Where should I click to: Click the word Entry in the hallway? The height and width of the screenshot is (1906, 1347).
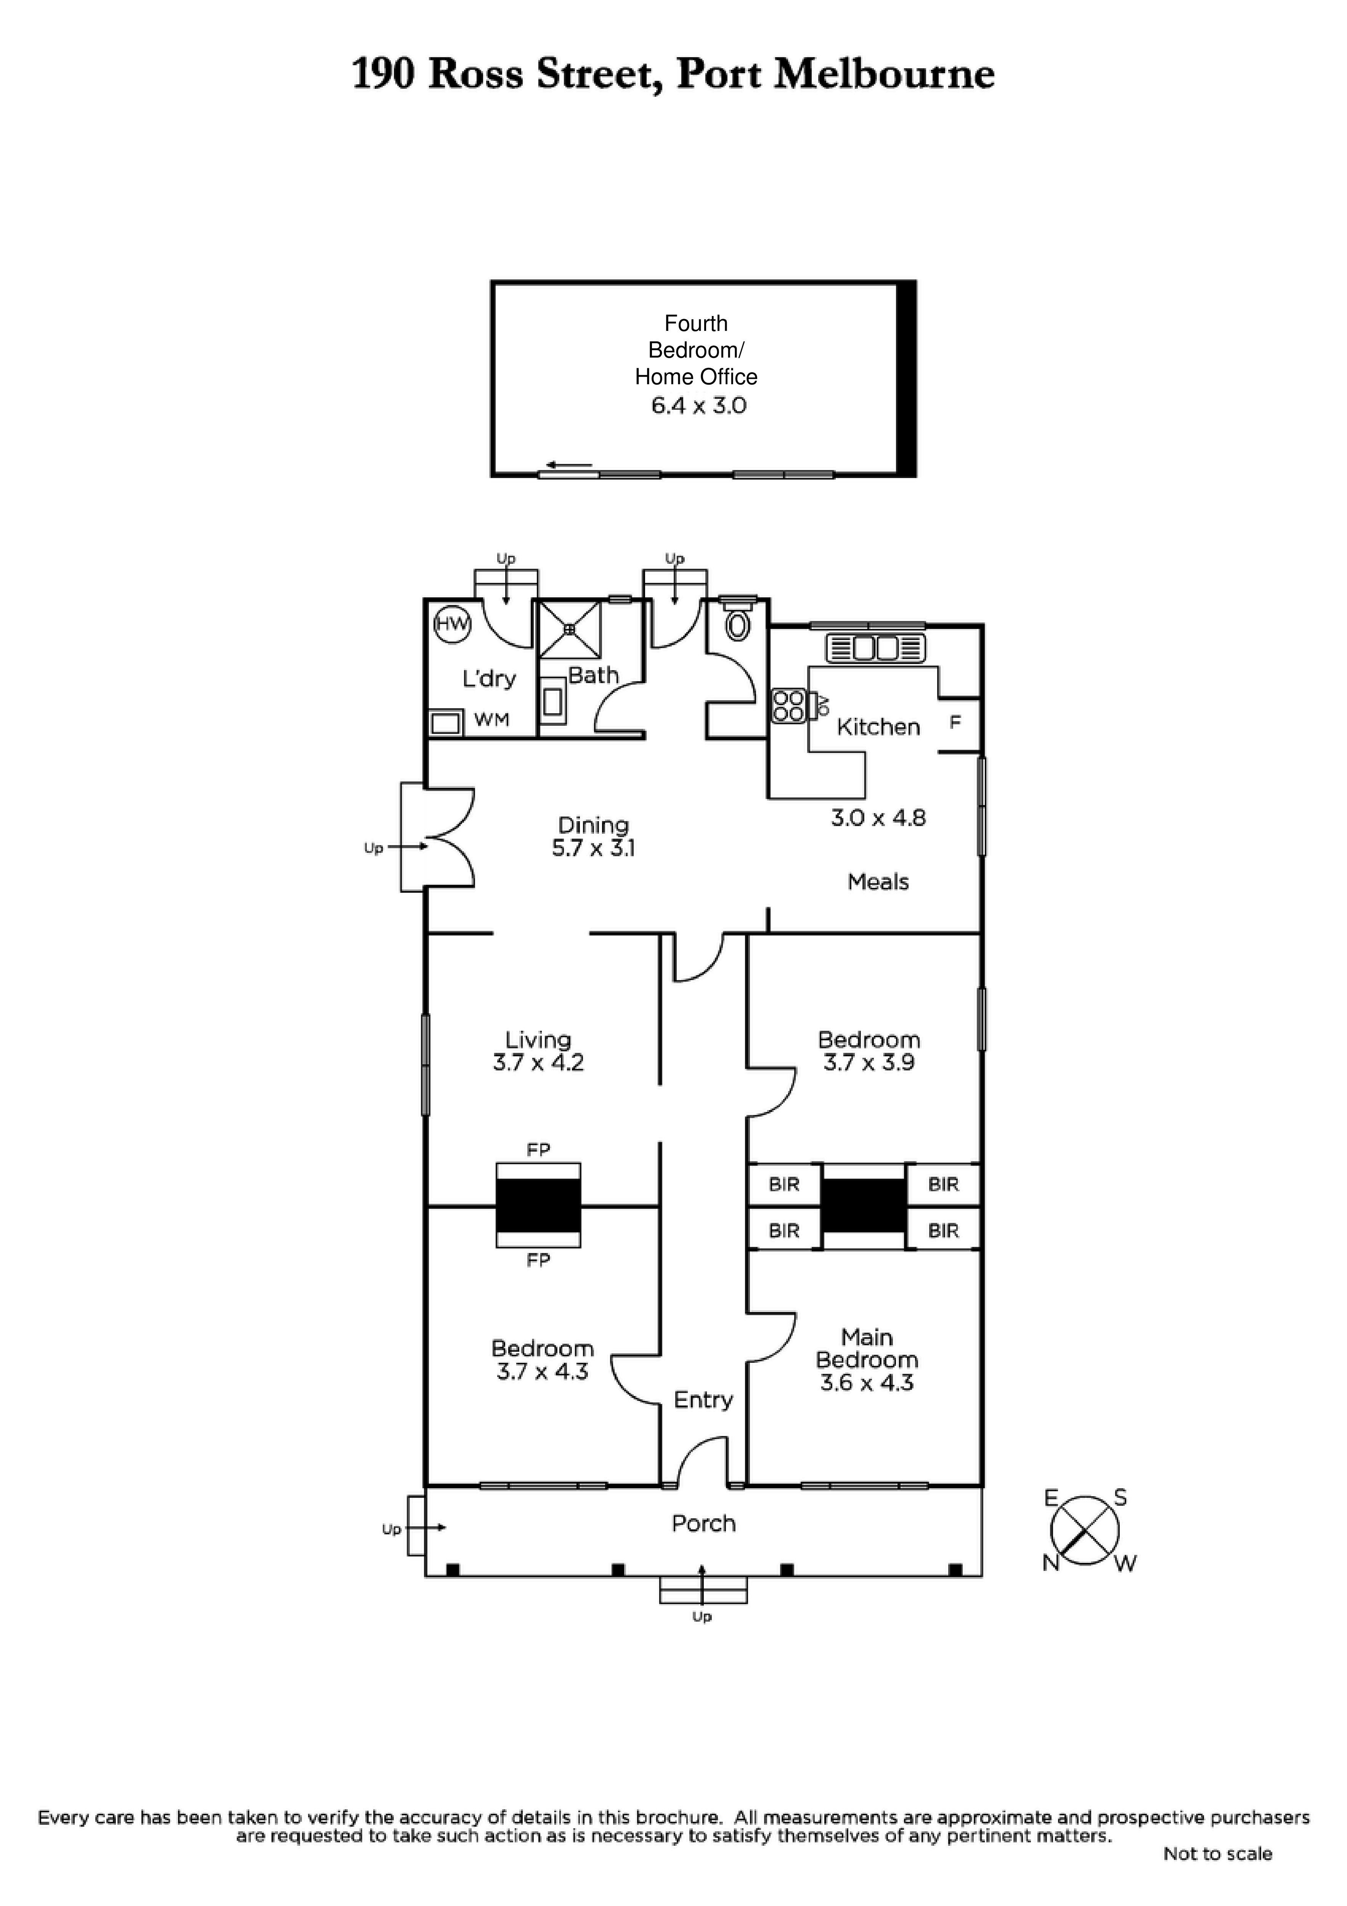pos(703,1401)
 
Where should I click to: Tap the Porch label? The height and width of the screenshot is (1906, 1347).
pos(703,1523)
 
